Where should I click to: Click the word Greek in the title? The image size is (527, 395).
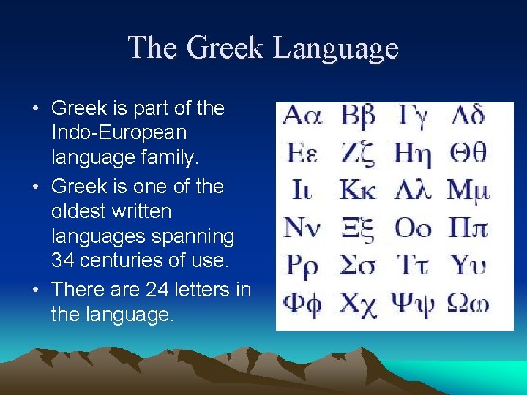point(225,48)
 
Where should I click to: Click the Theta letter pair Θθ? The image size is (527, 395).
point(468,154)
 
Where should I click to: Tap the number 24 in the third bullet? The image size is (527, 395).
point(157,290)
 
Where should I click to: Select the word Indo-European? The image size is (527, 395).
point(119,133)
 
